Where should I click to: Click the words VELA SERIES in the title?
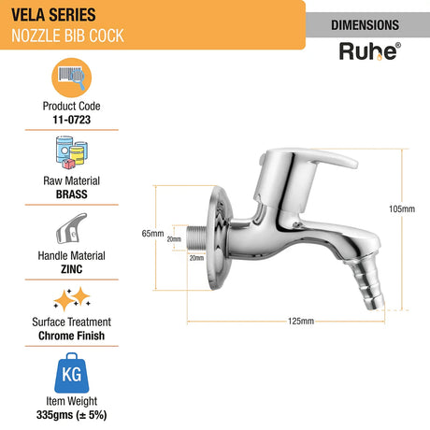pos(41,16)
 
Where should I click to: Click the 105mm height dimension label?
pos(403,208)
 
